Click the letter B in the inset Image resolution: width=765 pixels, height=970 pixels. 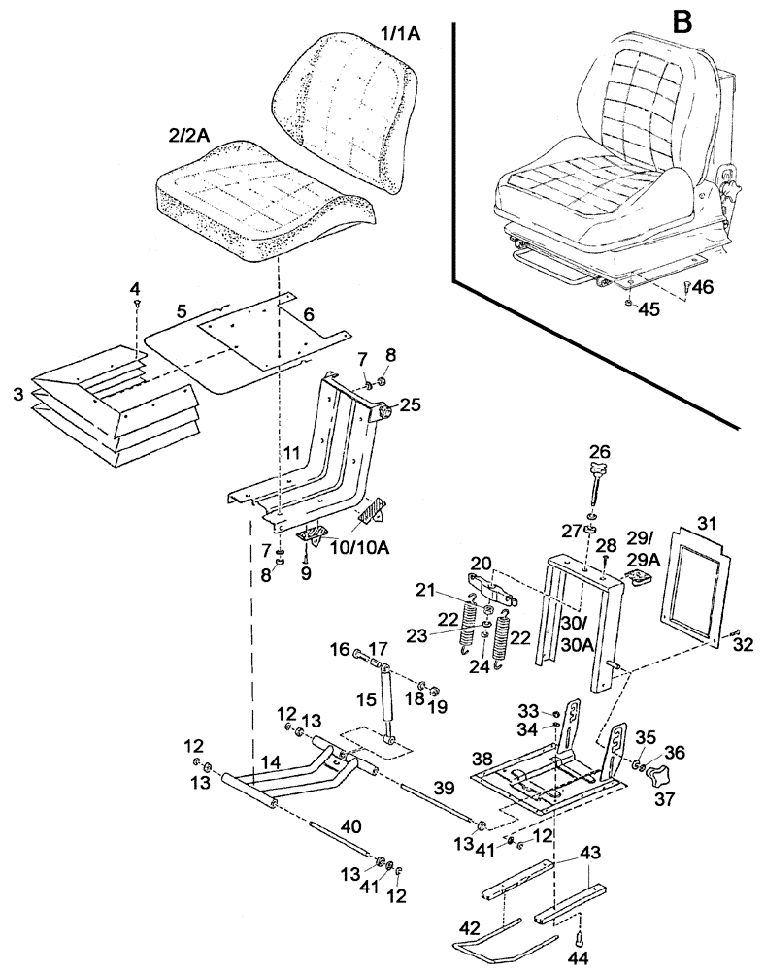click(x=682, y=21)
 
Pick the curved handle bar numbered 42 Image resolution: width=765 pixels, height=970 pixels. click(x=505, y=939)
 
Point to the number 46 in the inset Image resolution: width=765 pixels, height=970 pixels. click(x=703, y=287)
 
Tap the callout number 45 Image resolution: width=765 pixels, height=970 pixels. click(x=648, y=310)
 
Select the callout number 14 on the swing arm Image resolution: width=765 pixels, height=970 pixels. click(x=271, y=765)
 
